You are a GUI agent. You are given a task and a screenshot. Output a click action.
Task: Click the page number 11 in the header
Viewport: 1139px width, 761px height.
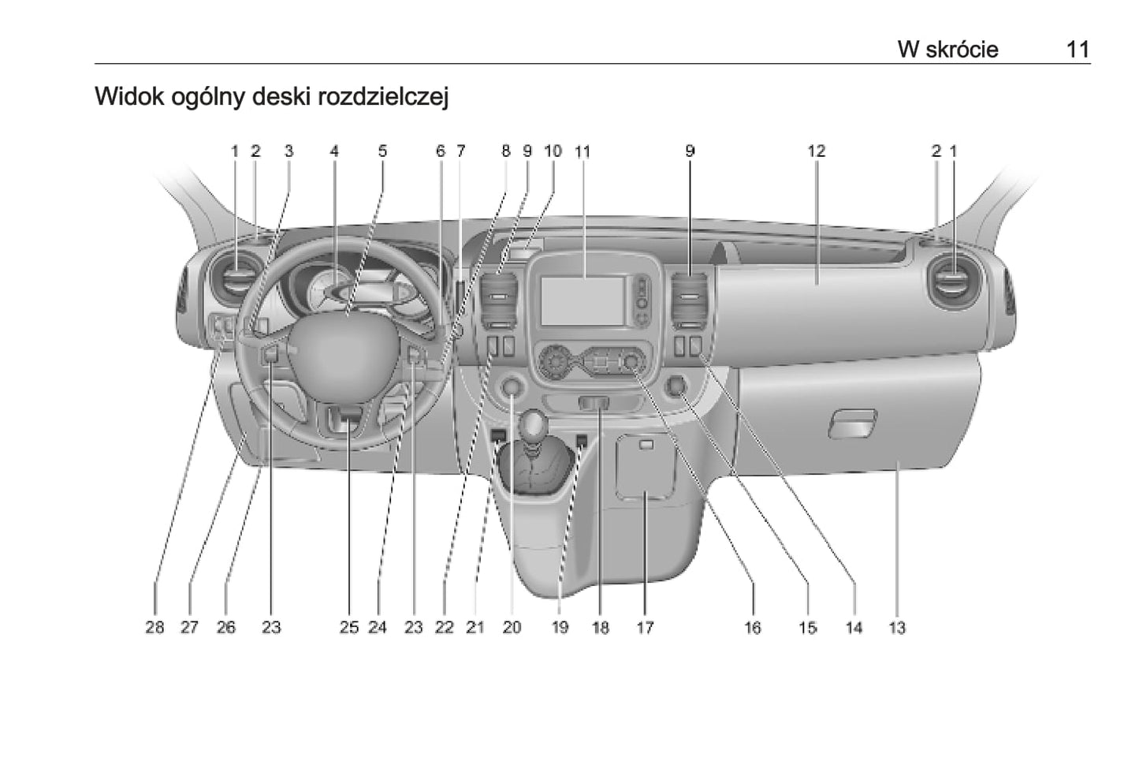click(1078, 50)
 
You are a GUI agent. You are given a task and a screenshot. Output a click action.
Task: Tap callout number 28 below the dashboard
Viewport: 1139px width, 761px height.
click(154, 628)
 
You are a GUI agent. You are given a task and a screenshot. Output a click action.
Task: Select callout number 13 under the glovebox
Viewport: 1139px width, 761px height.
click(897, 628)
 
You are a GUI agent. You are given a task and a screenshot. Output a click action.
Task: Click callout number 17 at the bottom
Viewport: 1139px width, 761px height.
click(645, 628)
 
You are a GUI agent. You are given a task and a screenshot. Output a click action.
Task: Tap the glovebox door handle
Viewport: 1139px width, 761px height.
click(852, 423)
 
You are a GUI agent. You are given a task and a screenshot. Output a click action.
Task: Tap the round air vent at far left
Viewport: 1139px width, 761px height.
click(235, 282)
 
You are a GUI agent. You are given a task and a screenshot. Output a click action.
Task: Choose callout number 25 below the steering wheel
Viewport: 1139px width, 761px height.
click(348, 628)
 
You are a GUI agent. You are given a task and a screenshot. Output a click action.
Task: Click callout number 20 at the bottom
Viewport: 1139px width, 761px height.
click(512, 628)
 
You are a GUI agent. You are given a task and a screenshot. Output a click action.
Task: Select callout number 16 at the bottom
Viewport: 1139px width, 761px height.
click(752, 628)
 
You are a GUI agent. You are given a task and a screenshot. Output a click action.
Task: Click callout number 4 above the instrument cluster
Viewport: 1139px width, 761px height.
click(334, 151)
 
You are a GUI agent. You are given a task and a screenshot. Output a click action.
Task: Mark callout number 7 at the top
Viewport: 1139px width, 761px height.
click(460, 151)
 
